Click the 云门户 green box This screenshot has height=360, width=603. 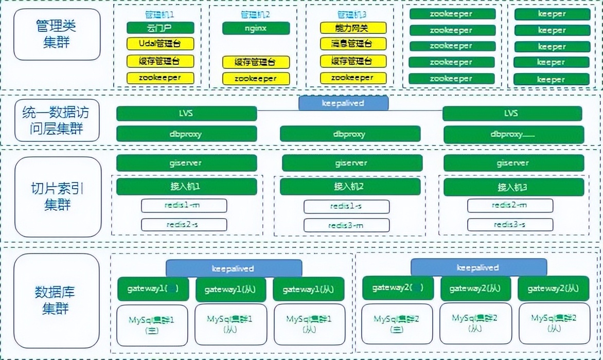click(160, 28)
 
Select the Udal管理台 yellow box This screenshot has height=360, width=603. click(160, 44)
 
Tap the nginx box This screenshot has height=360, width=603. click(255, 28)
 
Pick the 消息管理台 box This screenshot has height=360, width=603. click(353, 44)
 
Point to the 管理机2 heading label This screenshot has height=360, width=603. click(255, 14)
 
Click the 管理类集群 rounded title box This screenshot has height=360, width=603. click(57, 34)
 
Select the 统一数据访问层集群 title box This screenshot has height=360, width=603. click(57, 120)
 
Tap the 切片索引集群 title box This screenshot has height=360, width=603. click(57, 196)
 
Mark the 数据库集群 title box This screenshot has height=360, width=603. click(57, 300)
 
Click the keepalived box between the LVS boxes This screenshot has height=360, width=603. click(343, 103)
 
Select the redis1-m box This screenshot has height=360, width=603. click(184, 206)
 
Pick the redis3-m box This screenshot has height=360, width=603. click(346, 225)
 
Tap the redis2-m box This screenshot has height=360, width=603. click(510, 206)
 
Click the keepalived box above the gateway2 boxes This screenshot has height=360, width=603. click(478, 268)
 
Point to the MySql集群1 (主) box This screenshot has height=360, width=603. click(152, 325)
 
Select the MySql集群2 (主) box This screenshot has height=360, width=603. click(397, 324)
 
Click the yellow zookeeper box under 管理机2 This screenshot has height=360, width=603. click(256, 79)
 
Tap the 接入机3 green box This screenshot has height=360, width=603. click(513, 187)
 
